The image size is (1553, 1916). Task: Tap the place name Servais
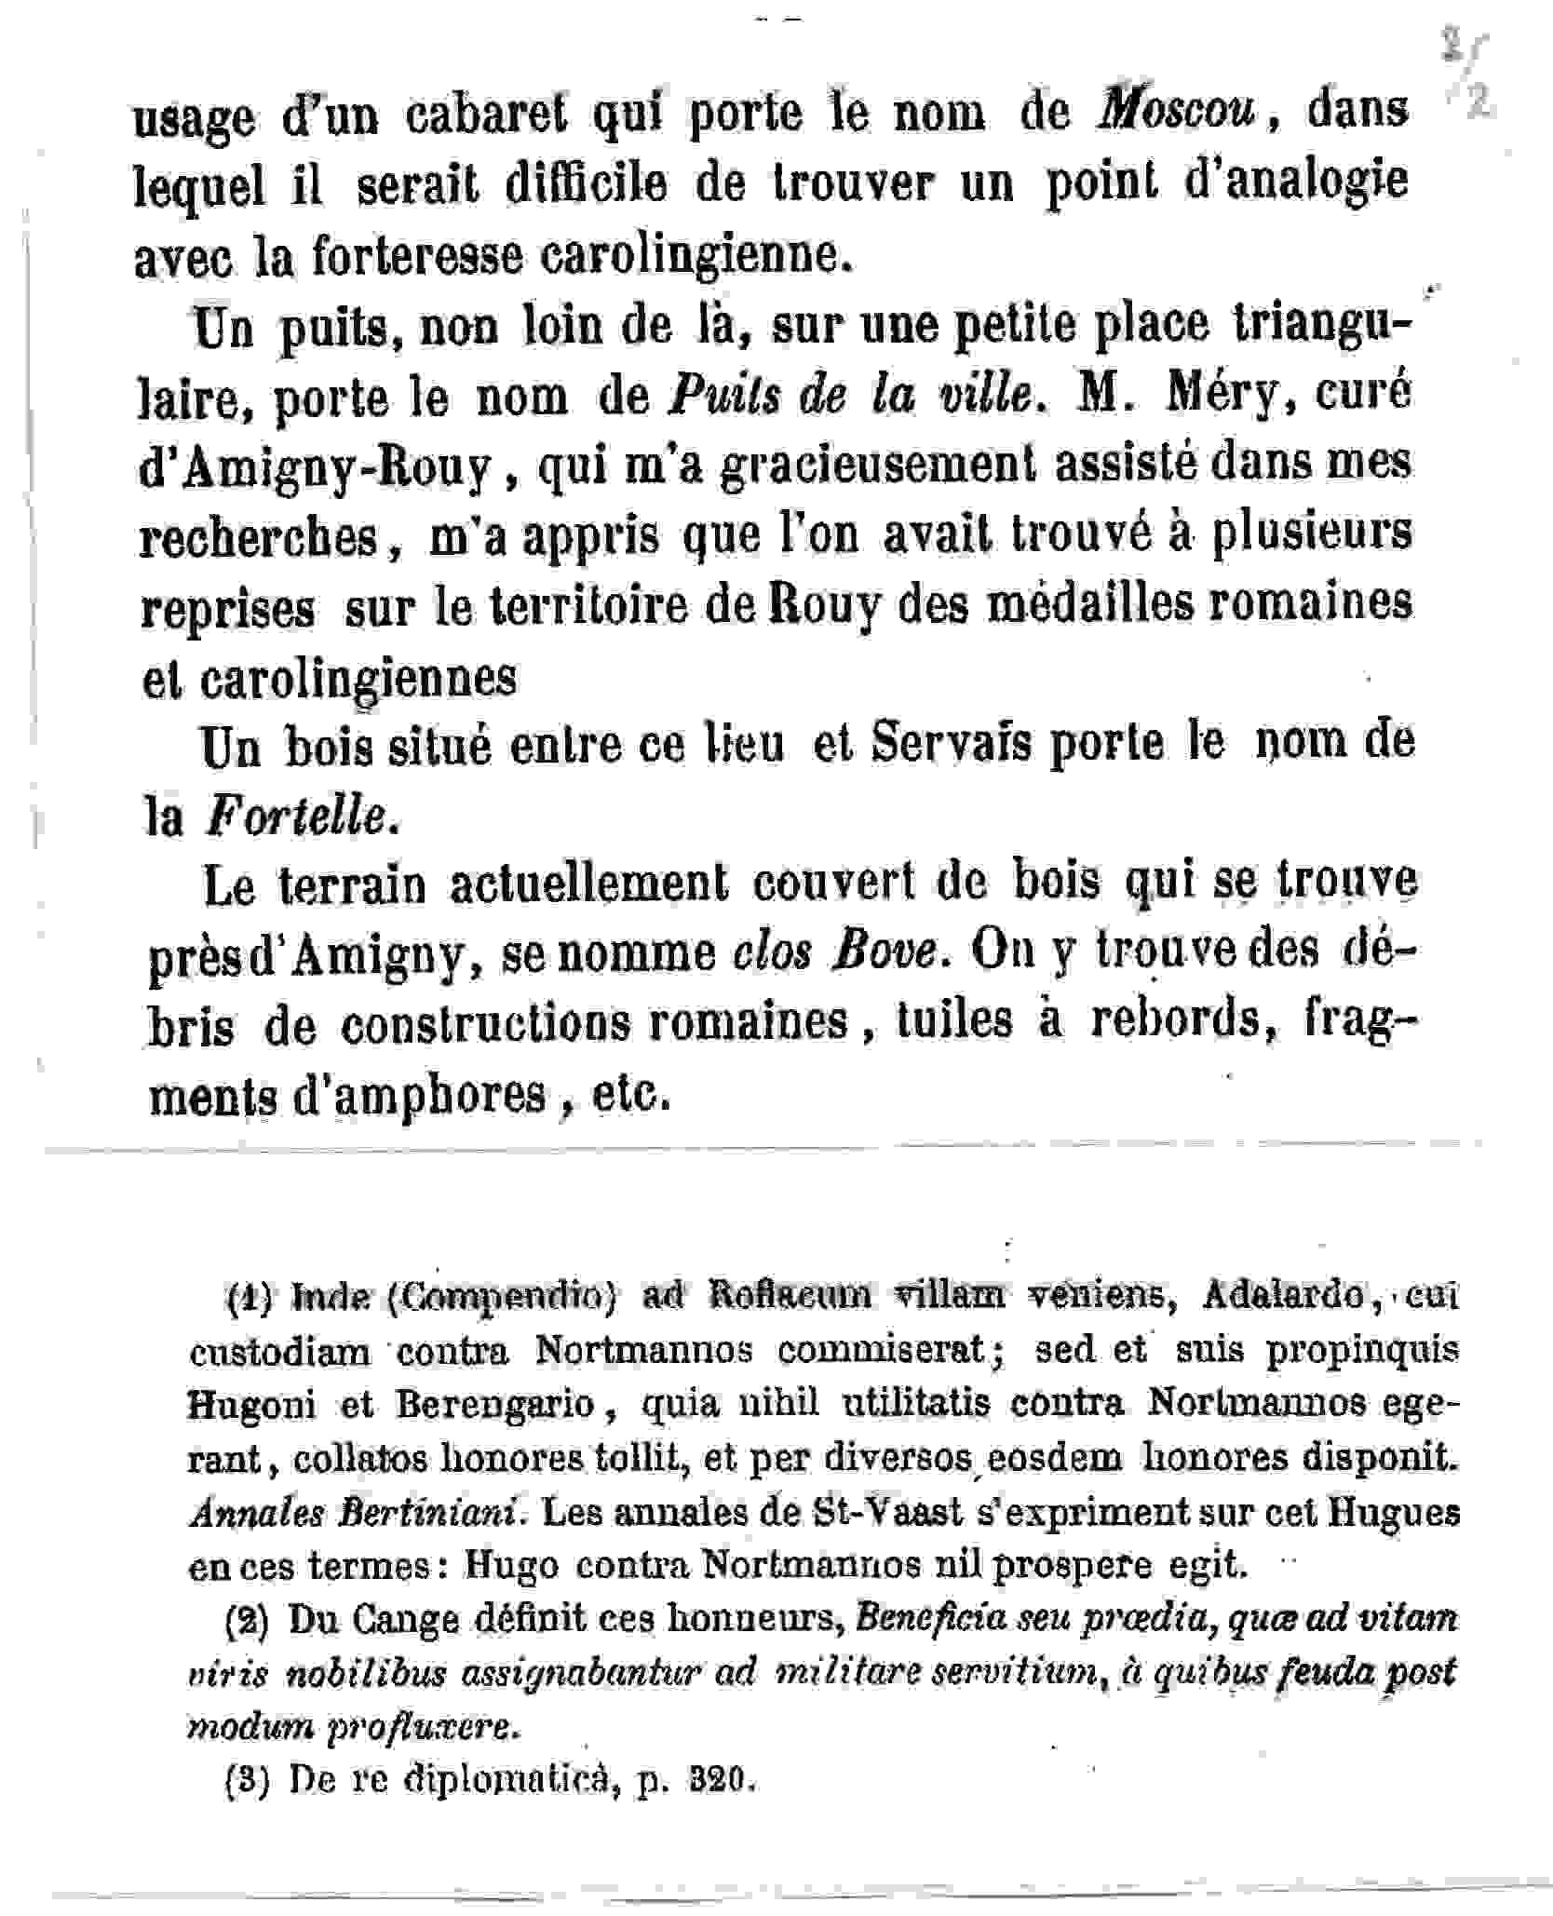pos(950,743)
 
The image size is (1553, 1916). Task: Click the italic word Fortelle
pos(294,817)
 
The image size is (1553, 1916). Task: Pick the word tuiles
pos(953,1020)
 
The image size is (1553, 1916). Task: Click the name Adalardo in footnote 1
pos(1283,1296)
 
